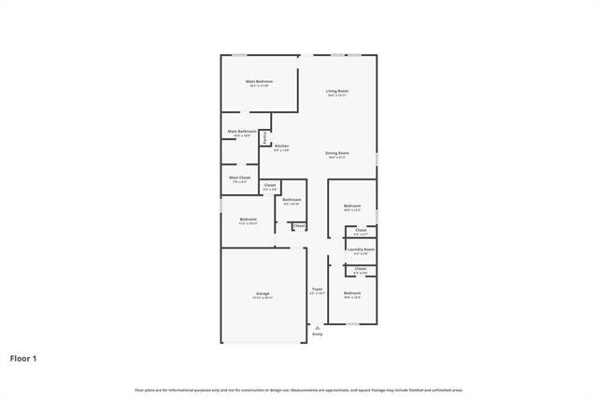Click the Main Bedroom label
[x=259, y=81]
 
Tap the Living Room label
[x=336, y=91]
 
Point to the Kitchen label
[x=281, y=146]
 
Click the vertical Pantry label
[x=265, y=136]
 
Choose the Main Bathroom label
[x=242, y=132]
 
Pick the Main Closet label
[x=239, y=177]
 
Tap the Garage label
[x=263, y=293]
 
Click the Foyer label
[x=318, y=289]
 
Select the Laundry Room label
[x=361, y=249]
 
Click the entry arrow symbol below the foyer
[x=318, y=327]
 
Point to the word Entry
[x=318, y=334]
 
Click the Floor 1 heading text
[x=24, y=357]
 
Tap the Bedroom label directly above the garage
[x=248, y=219]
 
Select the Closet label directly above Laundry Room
[x=361, y=230]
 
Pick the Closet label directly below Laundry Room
[x=361, y=268]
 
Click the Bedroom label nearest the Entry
[x=352, y=293]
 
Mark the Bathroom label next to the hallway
[x=292, y=199]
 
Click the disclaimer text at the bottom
[x=299, y=390]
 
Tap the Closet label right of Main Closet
[x=270, y=186]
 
